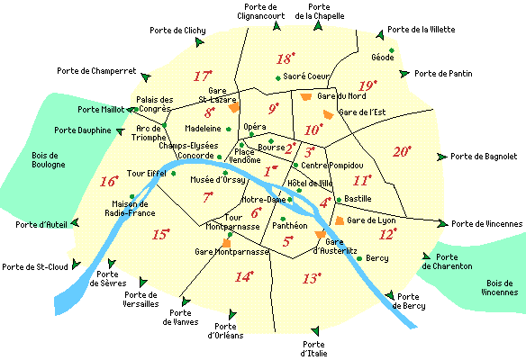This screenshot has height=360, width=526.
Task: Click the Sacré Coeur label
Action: click(x=307, y=76)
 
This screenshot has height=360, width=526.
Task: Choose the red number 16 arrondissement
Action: click(x=108, y=181)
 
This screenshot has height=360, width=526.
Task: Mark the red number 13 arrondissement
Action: click(x=312, y=279)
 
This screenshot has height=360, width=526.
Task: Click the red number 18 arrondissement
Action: click(x=286, y=59)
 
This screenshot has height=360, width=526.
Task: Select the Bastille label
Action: click(x=358, y=198)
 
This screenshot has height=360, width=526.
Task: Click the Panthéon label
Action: click(x=290, y=227)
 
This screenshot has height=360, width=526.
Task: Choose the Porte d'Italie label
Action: click(x=314, y=349)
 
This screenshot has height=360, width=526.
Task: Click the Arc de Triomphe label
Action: click(x=143, y=132)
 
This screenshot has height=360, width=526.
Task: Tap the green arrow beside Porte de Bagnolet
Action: click(x=442, y=157)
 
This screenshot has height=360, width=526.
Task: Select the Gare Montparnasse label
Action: click(x=233, y=253)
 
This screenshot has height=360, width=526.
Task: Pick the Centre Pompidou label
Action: click(x=331, y=166)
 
